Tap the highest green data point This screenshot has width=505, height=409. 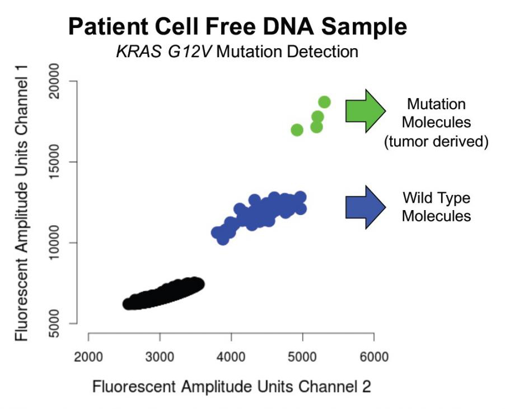(x=324, y=102)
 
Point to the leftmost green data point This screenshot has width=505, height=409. (x=297, y=130)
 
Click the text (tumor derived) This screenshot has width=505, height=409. (x=436, y=142)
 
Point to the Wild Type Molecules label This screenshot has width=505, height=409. (x=436, y=207)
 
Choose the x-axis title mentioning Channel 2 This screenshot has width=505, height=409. (x=231, y=387)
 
